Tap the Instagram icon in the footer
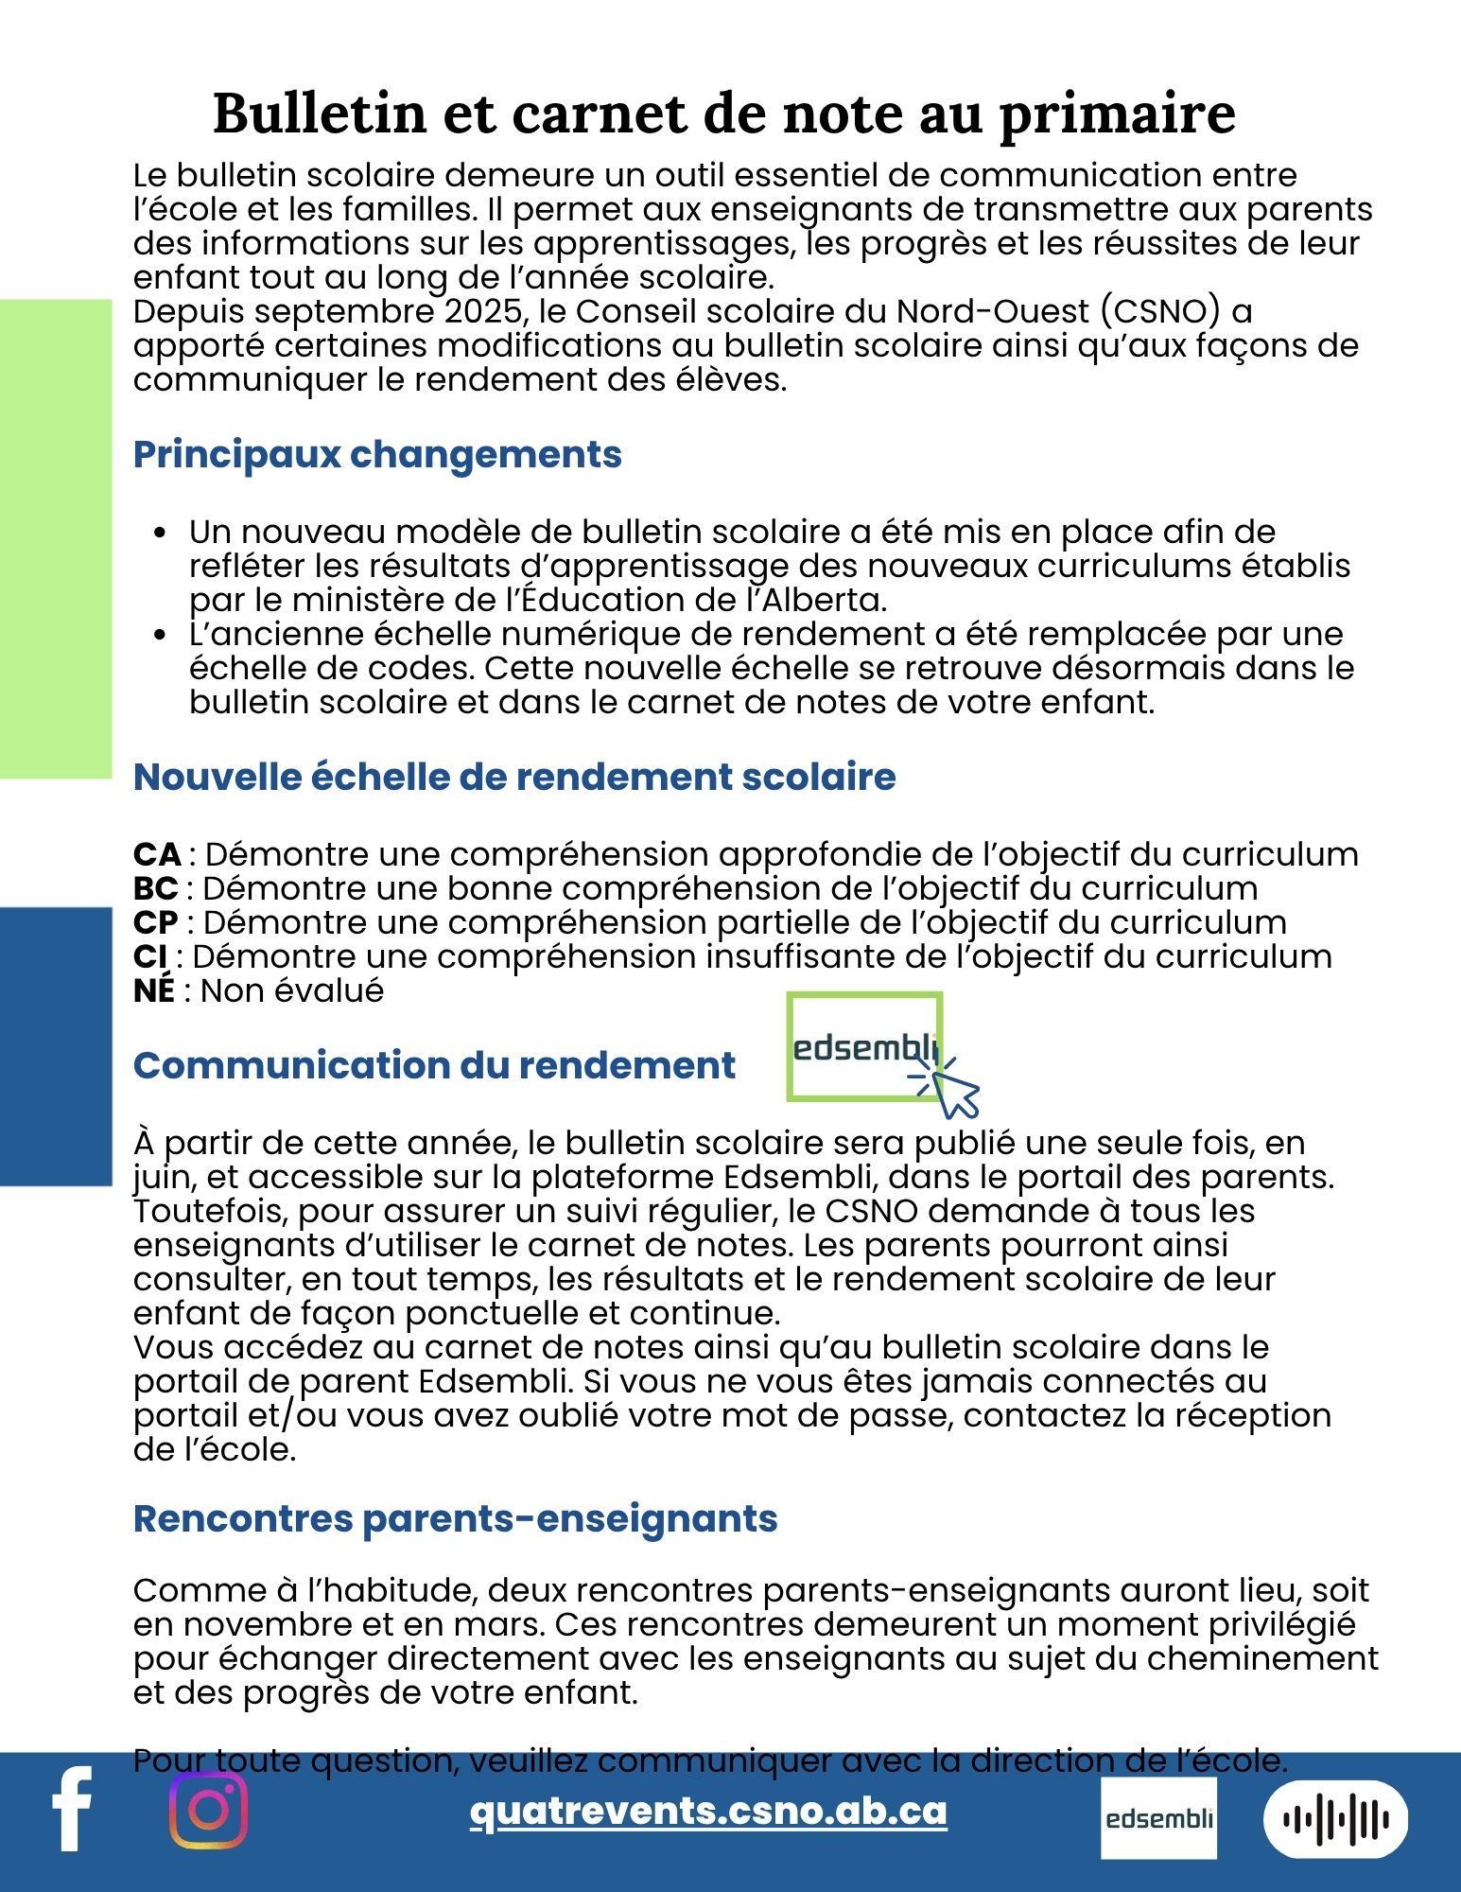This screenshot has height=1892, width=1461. (209, 1810)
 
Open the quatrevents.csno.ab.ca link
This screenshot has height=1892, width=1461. (708, 1811)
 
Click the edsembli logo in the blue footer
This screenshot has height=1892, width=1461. (1158, 1817)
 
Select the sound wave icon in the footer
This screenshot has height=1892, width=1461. (1335, 1818)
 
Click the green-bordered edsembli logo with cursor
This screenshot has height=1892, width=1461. (865, 1047)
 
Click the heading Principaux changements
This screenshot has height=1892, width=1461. (377, 454)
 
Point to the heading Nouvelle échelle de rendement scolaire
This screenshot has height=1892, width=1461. (514, 777)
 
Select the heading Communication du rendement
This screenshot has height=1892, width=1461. (434, 1065)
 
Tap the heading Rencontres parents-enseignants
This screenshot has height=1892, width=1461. (455, 1518)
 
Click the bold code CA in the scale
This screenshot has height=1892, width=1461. (157, 854)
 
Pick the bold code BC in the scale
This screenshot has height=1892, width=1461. (156, 888)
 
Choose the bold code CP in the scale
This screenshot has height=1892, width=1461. (156, 922)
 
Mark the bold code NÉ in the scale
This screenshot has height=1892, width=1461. (154, 990)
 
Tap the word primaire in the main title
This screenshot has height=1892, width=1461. (1117, 113)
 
